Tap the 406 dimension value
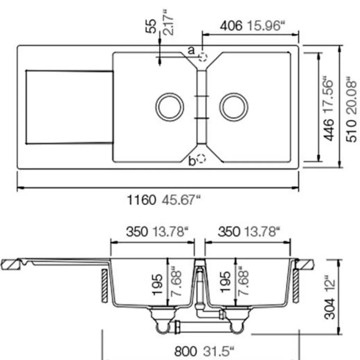(231, 26)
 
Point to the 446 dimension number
(329, 129)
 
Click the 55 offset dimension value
(151, 26)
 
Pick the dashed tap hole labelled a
(203, 56)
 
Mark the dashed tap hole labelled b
(202, 158)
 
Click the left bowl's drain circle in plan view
(170, 107)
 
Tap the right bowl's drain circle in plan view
(233, 107)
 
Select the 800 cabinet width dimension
(186, 351)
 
